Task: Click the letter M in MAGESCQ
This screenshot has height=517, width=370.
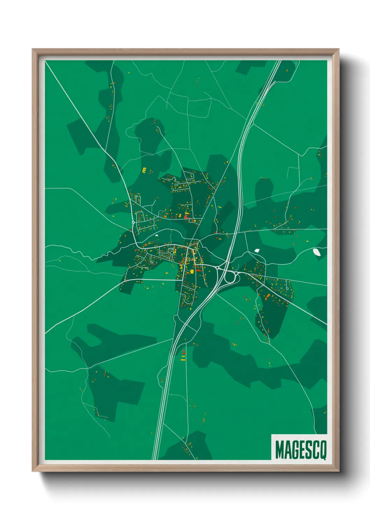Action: click(x=280, y=450)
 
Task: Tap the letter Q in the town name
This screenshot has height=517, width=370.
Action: click(x=322, y=450)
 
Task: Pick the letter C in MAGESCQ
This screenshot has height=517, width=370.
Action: click(x=315, y=450)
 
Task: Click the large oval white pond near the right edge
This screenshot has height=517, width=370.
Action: click(x=317, y=252)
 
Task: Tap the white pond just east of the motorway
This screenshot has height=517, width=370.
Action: click(x=257, y=250)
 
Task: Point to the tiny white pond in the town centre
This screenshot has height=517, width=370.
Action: click(x=156, y=235)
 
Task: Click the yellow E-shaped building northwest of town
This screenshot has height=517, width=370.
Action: click(x=144, y=170)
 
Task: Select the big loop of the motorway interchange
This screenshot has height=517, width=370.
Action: click(x=230, y=278)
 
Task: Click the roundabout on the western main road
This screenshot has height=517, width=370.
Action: click(x=133, y=222)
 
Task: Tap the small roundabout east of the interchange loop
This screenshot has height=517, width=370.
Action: click(x=236, y=273)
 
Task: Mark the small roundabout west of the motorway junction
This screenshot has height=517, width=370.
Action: click(x=218, y=268)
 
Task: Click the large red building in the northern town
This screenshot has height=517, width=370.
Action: click(x=186, y=217)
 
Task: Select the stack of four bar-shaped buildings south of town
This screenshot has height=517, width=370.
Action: click(x=183, y=355)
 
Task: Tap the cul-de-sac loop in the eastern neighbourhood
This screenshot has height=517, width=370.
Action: click(x=287, y=289)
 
